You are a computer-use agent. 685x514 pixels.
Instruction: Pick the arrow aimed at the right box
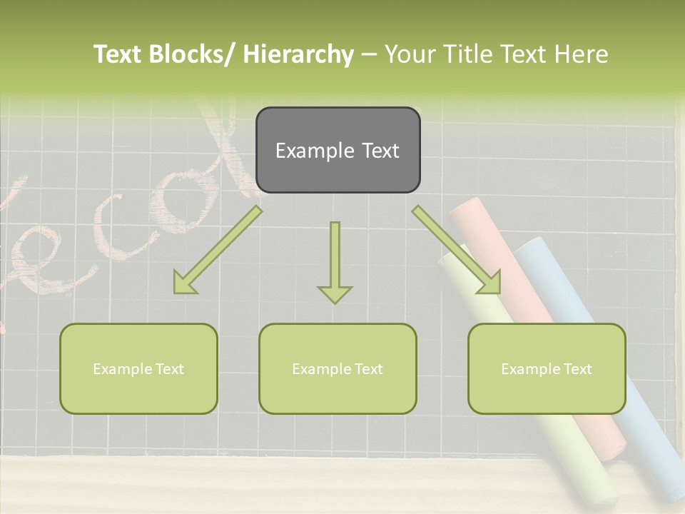coord(457,251)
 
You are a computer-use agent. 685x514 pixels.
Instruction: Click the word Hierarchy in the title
coord(298,54)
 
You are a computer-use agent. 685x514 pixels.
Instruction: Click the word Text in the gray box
coord(376,151)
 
